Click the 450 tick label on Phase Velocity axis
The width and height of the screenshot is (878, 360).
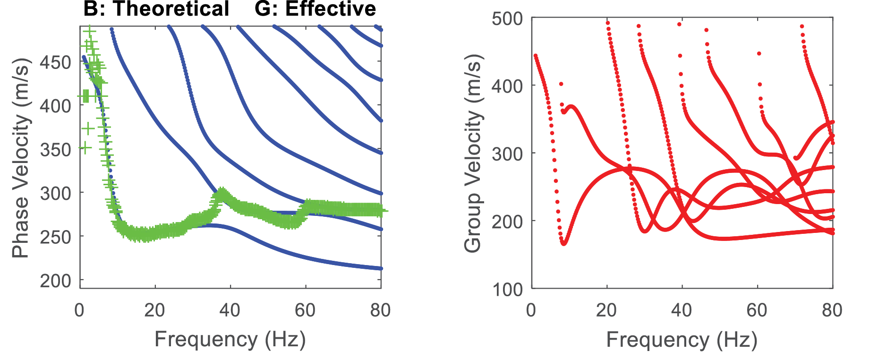55,62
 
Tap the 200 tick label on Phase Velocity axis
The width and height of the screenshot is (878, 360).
55,281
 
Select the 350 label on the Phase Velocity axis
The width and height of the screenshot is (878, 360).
55,150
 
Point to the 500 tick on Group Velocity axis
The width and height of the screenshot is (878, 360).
507,19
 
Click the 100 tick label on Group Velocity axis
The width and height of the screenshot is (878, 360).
507,289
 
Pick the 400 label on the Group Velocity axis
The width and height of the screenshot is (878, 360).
507,86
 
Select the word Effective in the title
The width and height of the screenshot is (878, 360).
331,9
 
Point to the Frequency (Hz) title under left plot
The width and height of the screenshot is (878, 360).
230,339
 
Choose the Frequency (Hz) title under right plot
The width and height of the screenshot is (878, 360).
682,339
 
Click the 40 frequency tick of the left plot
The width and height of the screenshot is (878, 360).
230,310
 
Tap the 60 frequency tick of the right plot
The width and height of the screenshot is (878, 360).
757,310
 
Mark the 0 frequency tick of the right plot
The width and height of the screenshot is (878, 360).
532,310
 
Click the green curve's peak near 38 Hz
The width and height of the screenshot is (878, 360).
221,194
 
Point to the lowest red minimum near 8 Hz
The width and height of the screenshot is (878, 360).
563,243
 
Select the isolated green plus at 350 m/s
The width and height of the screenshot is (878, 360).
85,147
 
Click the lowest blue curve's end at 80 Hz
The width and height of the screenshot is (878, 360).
381,268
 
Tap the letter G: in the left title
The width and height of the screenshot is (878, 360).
265,9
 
